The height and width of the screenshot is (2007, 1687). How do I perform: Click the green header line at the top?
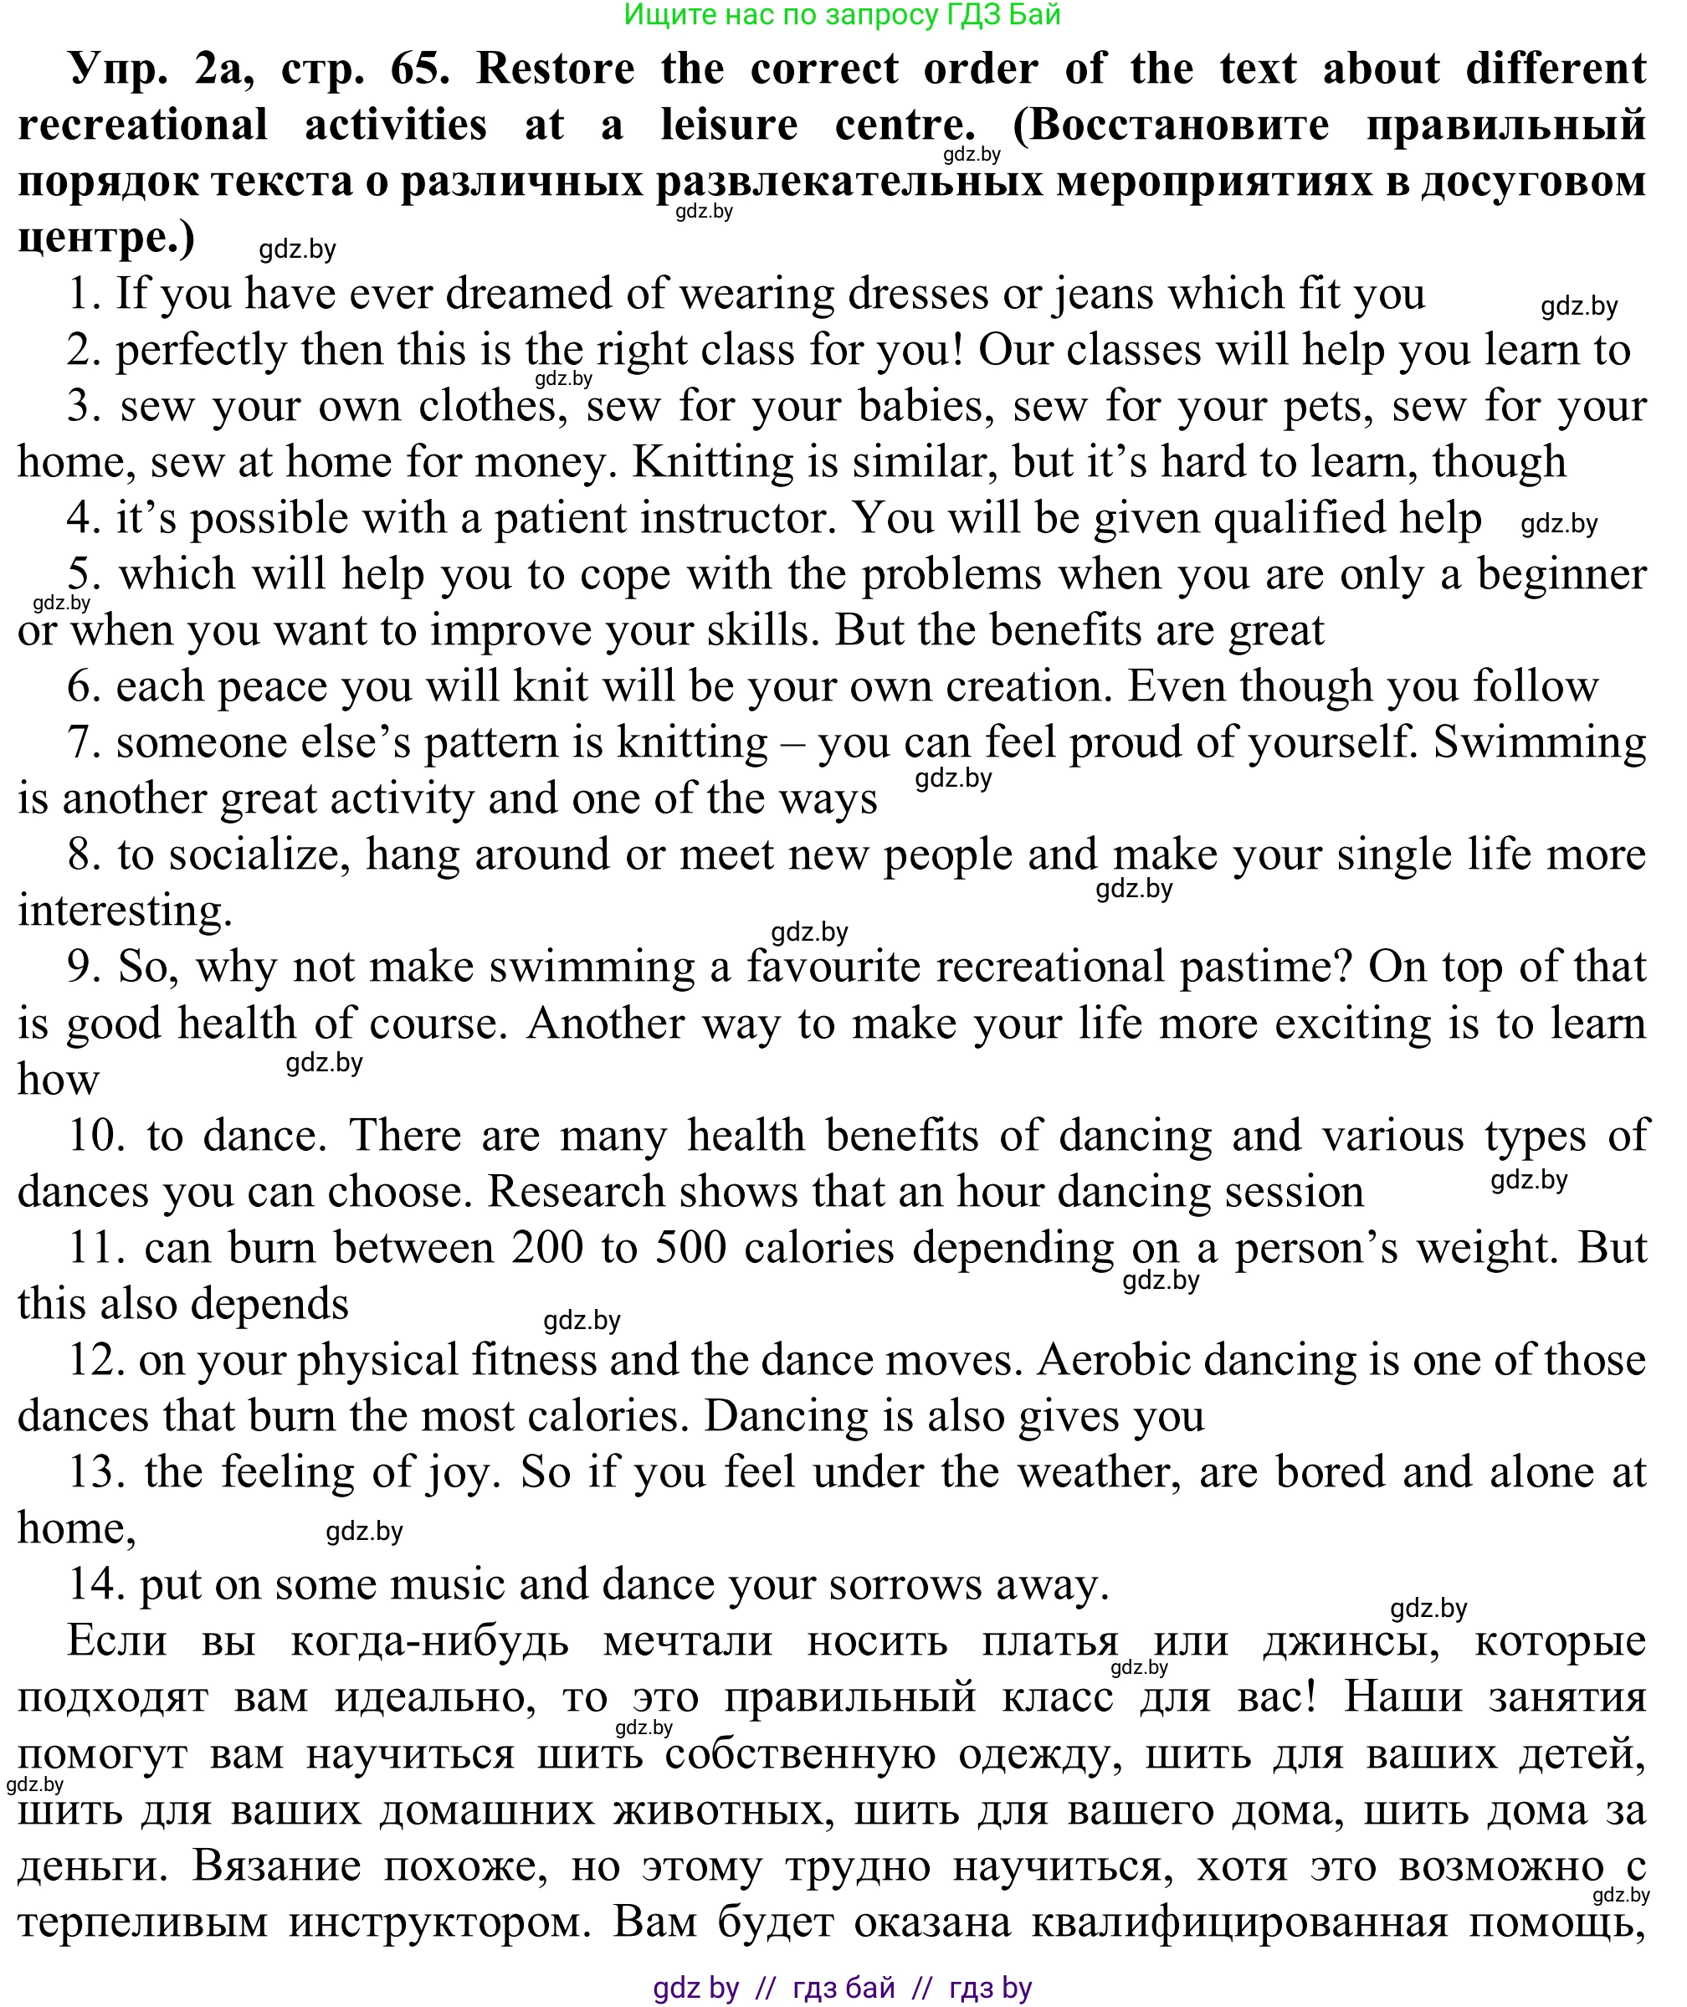pyautogui.click(x=842, y=15)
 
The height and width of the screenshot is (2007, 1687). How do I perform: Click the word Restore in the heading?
pyautogui.click(x=555, y=69)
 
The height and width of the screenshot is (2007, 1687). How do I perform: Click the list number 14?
pyautogui.click(x=96, y=1585)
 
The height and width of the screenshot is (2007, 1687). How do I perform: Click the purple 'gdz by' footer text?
pyautogui.click(x=695, y=1988)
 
